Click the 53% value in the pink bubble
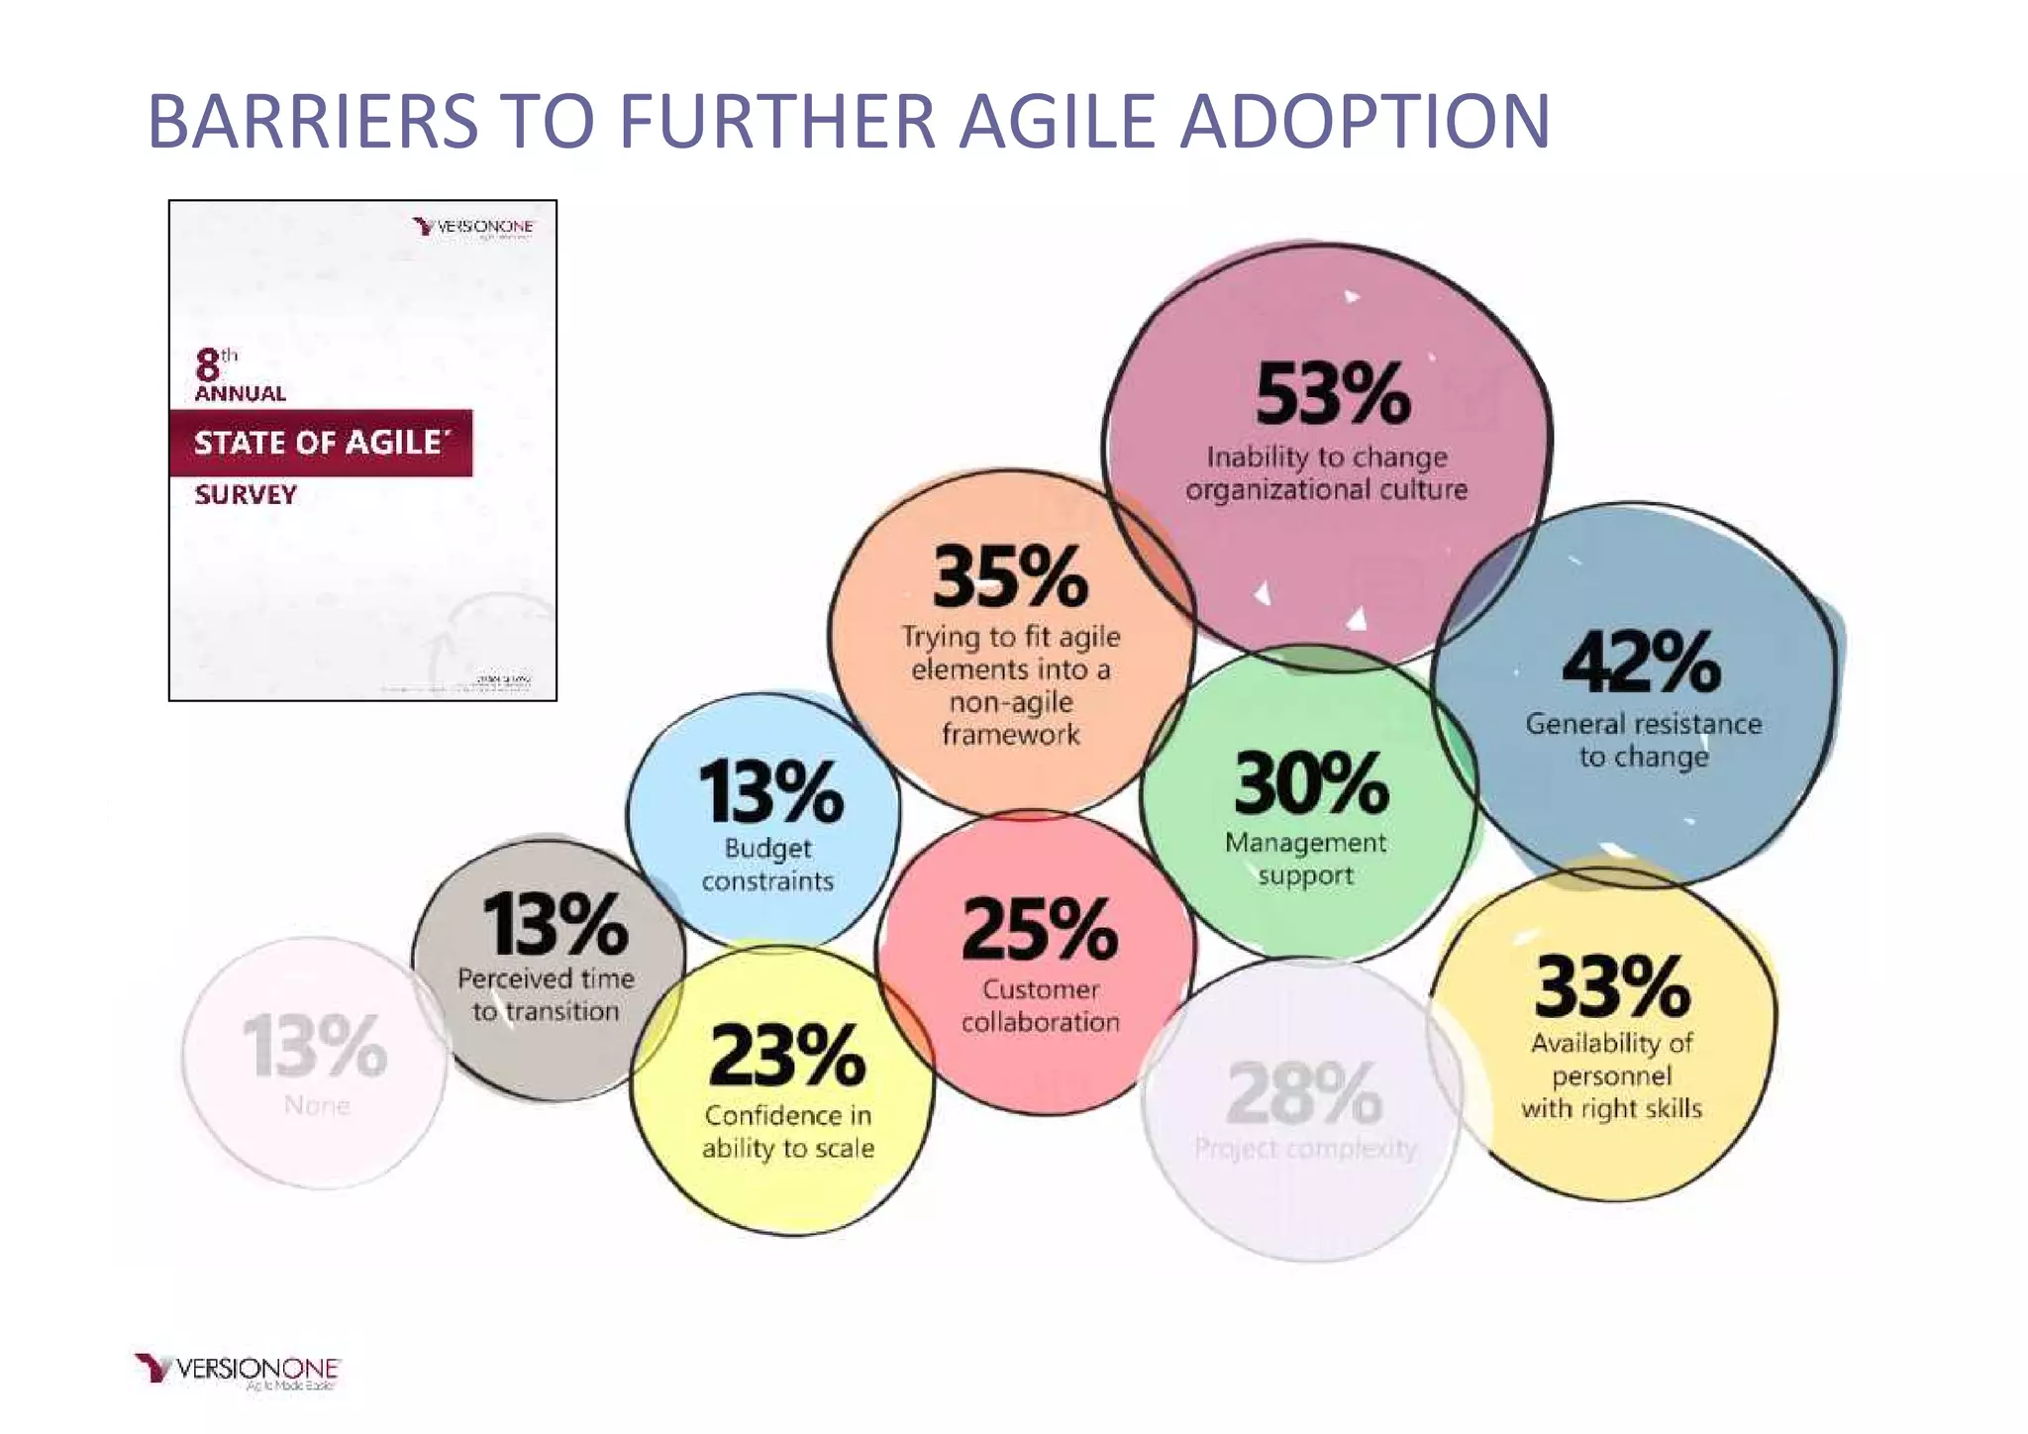[1332, 394]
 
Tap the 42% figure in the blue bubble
[1641, 662]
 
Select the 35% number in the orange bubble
[1010, 577]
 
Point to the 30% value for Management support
[1310, 782]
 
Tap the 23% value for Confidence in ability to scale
[787, 1056]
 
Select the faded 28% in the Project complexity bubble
[1304, 1093]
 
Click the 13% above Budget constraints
[770, 792]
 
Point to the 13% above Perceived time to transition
[555, 924]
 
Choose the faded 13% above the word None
[315, 1046]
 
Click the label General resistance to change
[1643, 740]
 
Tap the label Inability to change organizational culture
[1326, 473]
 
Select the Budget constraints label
[767, 865]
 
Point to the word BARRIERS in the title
[313, 122]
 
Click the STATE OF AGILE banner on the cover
[319, 443]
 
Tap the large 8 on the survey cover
[207, 365]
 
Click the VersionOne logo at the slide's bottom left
[238, 1371]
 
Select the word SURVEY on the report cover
[246, 495]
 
